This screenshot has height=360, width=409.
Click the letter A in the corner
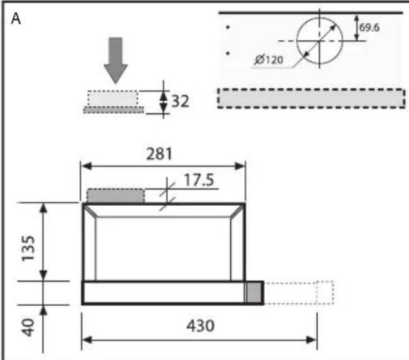[x=16, y=19]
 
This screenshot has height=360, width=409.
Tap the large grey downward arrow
[x=116, y=60]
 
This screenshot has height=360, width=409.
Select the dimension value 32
[x=180, y=101]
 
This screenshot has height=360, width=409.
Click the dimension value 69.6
[x=369, y=27]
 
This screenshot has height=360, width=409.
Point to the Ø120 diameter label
[x=269, y=60]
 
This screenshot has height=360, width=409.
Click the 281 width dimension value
[x=159, y=154]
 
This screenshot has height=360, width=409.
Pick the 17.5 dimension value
[x=199, y=180]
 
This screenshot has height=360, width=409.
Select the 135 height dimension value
[x=28, y=248]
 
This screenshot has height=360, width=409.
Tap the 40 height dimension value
[x=28, y=327]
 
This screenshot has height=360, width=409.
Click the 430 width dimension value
[x=200, y=326]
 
